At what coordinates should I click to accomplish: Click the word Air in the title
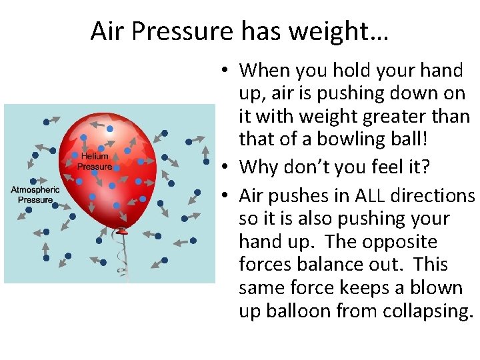pyautogui.click(x=107, y=31)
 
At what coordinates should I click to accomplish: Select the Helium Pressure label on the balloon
pyautogui.click(x=95, y=161)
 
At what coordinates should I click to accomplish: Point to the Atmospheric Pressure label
pyautogui.click(x=35, y=195)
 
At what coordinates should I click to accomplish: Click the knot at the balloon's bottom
pyautogui.click(x=121, y=232)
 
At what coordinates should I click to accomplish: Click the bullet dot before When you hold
pyautogui.click(x=227, y=71)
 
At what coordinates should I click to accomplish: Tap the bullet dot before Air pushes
pyautogui.click(x=227, y=196)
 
